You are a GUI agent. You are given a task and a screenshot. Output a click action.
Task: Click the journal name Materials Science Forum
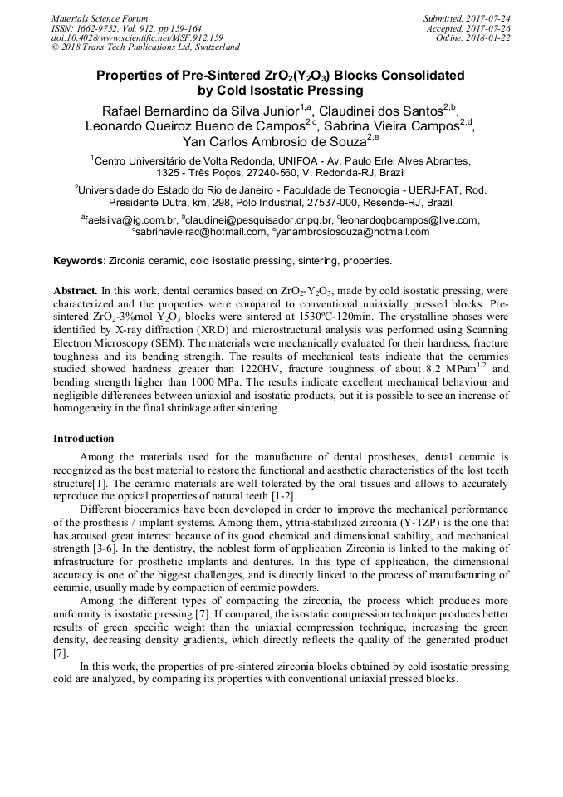[x=100, y=17]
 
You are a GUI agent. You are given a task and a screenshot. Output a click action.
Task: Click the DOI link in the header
[x=138, y=37]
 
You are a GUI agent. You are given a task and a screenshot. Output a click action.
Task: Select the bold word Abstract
[x=76, y=292]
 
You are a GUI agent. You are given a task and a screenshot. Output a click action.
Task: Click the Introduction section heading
[x=84, y=439]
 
